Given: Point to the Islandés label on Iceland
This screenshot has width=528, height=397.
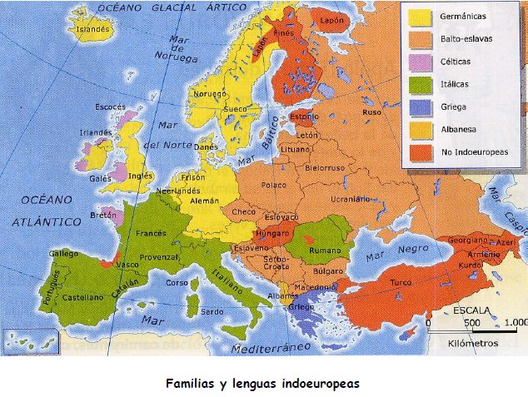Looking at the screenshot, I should [x=92, y=29].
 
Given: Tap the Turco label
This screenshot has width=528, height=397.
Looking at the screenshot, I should [x=402, y=282].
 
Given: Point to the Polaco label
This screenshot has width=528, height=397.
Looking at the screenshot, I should [x=272, y=184].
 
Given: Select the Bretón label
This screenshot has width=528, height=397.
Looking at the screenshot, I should [x=103, y=215].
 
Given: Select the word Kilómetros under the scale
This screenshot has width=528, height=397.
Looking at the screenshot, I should [x=473, y=342].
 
